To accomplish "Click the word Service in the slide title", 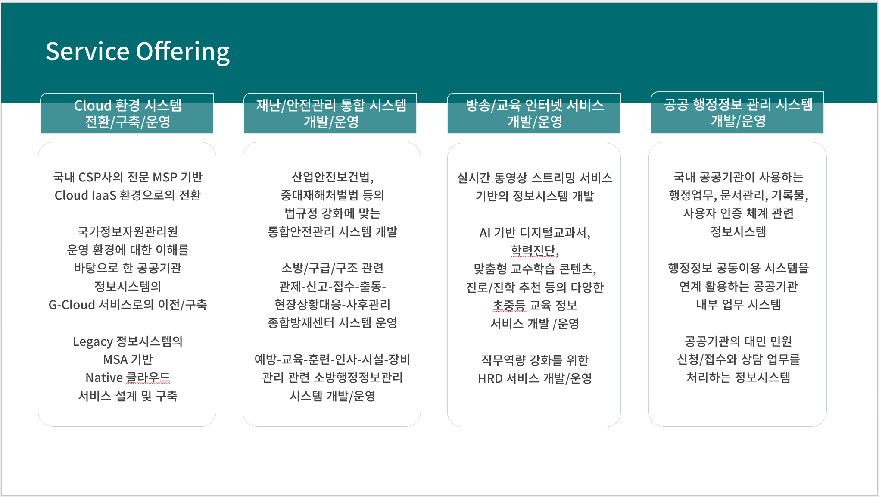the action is tap(87, 51).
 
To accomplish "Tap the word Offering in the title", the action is tap(183, 52).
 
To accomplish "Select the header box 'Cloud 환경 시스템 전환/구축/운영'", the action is tap(127, 113).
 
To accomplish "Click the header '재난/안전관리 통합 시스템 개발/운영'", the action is tap(330, 113).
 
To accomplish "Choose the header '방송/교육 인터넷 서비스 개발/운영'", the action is tap(534, 113).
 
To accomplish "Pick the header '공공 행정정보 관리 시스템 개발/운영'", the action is tap(737, 113).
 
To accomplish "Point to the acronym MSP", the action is tap(165, 177).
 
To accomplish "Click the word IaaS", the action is tap(103, 195).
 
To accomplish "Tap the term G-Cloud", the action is tap(72, 305).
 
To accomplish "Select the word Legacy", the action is tap(93, 342).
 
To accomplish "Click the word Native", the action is tap(104, 378).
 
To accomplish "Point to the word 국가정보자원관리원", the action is tap(128, 232).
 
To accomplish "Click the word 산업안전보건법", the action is tap(331, 177).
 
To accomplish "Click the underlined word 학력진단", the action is tap(533, 250).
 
